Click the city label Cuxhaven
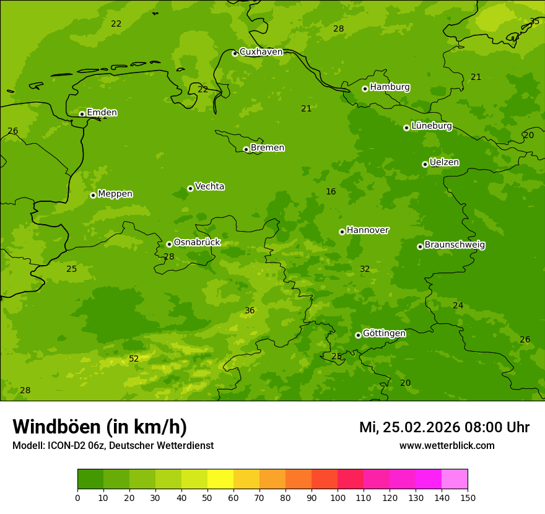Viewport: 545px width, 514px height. coord(261,52)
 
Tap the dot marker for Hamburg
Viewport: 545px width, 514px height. coord(365,89)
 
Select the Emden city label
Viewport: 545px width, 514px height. coord(102,113)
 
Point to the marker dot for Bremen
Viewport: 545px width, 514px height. coord(246,149)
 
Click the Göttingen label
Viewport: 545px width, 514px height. coord(384,334)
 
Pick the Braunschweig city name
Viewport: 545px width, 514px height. coord(455,245)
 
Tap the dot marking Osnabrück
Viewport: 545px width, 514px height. coord(169,244)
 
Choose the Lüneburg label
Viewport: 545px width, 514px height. coord(431,126)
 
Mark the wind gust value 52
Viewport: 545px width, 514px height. coord(134,359)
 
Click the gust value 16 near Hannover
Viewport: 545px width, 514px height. coord(331,192)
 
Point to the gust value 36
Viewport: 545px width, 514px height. coord(250,311)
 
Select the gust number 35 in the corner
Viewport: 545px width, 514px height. coord(534,22)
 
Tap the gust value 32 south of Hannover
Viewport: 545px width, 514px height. coord(365,269)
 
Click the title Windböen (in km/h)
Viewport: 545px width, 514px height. coord(100,427)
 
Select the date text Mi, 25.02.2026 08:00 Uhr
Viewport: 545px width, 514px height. coord(444,427)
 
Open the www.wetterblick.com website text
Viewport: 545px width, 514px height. coord(447,446)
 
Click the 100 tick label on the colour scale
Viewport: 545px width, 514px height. coord(338,497)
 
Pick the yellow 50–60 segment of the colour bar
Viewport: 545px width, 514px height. coord(220,479)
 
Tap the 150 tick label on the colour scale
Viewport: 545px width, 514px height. coord(468,497)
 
